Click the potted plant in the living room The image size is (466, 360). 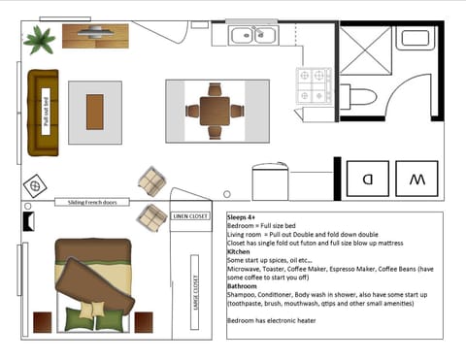pyautogui.click(x=41, y=40)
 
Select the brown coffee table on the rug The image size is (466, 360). pyautogui.click(x=94, y=112)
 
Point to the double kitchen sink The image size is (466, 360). pyautogui.click(x=253, y=37)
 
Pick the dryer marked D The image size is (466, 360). pyautogui.click(x=367, y=179)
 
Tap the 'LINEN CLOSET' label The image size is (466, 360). pyautogui.click(x=190, y=215)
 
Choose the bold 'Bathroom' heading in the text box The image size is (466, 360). pyautogui.click(x=244, y=284)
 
